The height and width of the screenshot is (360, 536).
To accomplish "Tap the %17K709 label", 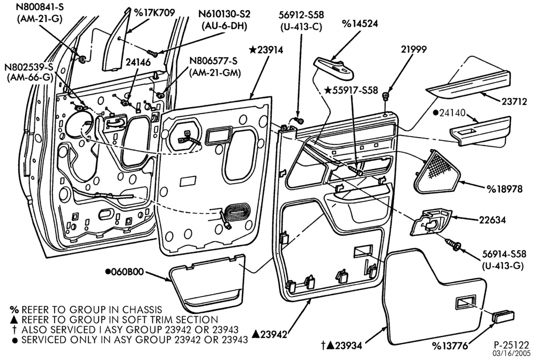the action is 154,13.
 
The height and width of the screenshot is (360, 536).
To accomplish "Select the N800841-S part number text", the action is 40,7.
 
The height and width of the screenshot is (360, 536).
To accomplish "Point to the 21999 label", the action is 414,49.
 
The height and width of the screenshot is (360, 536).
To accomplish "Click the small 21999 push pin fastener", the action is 386,96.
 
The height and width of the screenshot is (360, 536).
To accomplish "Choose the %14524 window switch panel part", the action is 334,67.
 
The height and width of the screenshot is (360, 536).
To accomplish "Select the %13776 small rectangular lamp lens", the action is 503,317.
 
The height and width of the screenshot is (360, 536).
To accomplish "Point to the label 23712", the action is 515,102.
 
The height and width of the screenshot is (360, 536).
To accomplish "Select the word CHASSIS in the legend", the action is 141,310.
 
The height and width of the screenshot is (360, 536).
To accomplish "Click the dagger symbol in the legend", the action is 14,330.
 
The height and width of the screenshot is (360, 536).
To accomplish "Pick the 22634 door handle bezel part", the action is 431,222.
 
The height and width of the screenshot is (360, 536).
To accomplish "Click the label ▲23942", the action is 270,334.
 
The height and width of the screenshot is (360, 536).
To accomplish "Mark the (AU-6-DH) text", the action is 225,26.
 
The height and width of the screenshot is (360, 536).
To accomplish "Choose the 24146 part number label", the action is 138,62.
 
